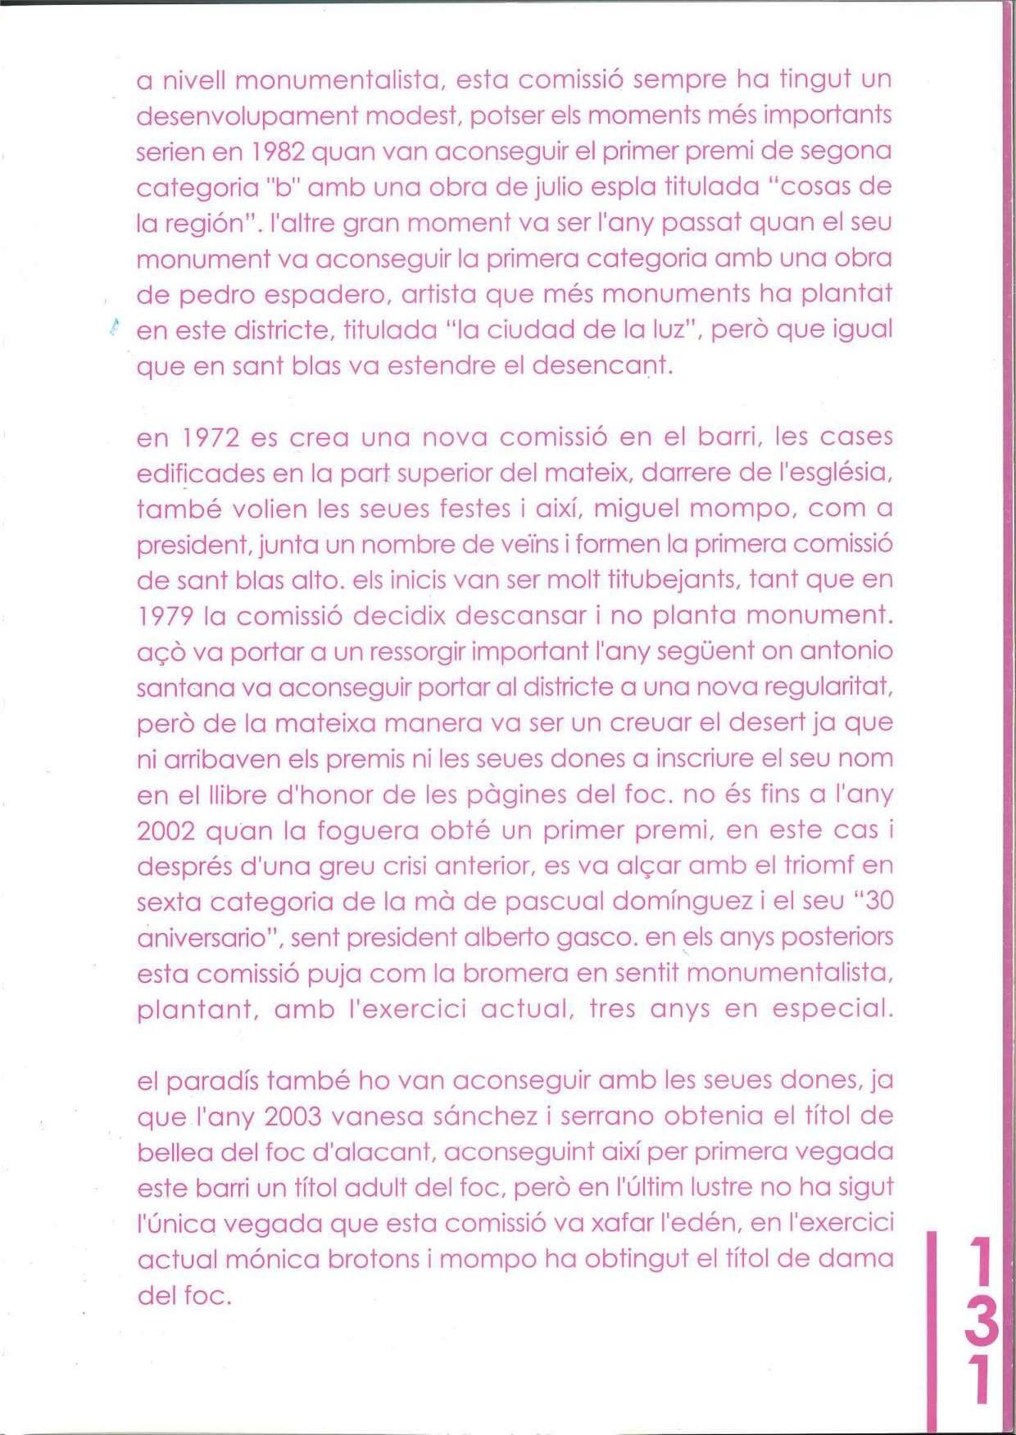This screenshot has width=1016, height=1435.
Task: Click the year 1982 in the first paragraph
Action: click(x=278, y=152)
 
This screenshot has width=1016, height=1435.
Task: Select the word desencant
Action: click(x=602, y=365)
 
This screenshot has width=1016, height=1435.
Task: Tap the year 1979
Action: click(x=166, y=616)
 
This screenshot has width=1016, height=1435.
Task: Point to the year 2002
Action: click(x=166, y=831)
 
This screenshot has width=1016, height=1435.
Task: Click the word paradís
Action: click(x=212, y=1082)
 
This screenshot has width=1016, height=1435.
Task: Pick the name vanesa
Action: click(x=378, y=1117)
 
